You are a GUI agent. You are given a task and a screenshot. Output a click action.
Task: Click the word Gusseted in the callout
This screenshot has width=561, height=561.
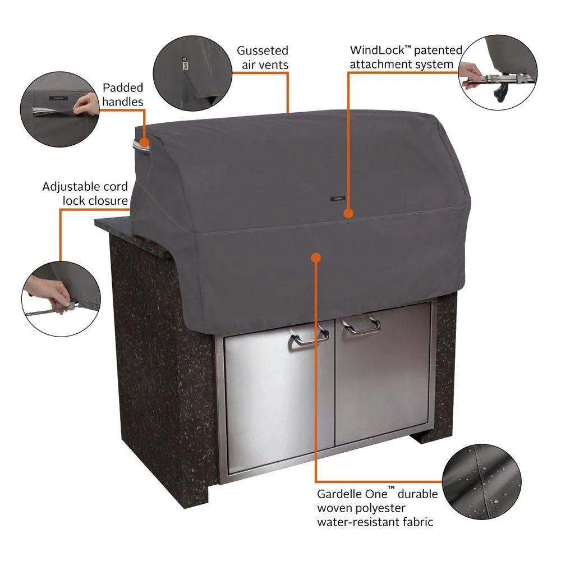point(262,51)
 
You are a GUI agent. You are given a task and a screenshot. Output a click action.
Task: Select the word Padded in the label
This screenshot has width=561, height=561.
point(123,88)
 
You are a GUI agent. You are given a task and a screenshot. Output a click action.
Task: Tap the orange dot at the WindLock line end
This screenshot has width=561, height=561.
point(348,214)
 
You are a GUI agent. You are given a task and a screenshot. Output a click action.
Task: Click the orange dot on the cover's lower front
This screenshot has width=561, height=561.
point(316,257)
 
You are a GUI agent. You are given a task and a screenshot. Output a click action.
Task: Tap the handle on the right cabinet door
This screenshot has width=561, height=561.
point(362,325)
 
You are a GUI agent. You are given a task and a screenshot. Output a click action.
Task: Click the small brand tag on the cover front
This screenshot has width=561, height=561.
point(337,197)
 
